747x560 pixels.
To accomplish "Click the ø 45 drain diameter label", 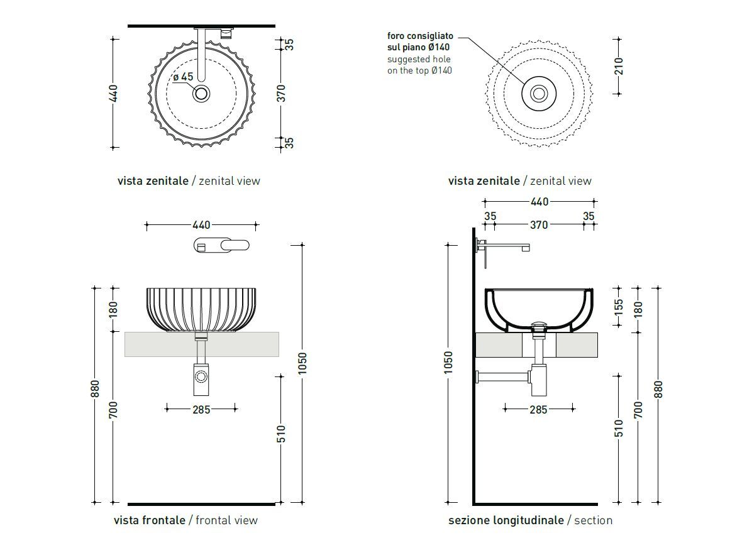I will click(x=183, y=77).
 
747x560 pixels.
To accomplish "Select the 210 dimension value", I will click(x=619, y=66).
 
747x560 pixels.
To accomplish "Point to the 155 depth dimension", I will click(x=619, y=307).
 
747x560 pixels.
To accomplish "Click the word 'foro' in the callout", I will click(x=398, y=36).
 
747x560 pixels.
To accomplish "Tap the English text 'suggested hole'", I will click(x=418, y=59).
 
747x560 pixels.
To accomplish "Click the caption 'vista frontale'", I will click(x=150, y=520).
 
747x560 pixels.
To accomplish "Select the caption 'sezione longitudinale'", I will click(x=506, y=520).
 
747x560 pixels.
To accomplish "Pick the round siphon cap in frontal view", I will click(x=201, y=377).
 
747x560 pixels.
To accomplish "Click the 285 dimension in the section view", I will click(x=539, y=409).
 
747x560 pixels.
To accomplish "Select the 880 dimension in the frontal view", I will click(x=96, y=390).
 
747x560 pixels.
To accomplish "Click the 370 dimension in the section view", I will click(x=539, y=224).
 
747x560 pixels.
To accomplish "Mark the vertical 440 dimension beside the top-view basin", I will click(x=113, y=93).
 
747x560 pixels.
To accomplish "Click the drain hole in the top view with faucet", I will click(x=201, y=94).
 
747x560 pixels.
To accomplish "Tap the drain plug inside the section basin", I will click(x=539, y=325).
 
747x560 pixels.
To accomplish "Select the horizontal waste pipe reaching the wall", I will click(x=503, y=377).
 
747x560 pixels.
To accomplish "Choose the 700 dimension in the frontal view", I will click(x=113, y=409).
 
